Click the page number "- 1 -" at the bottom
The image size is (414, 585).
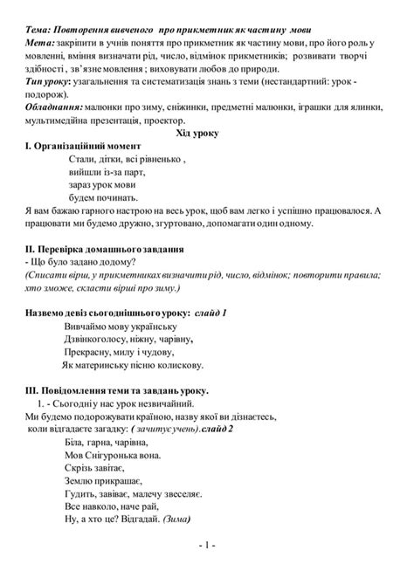tap(207, 569)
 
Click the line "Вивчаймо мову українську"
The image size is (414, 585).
tap(126, 325)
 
